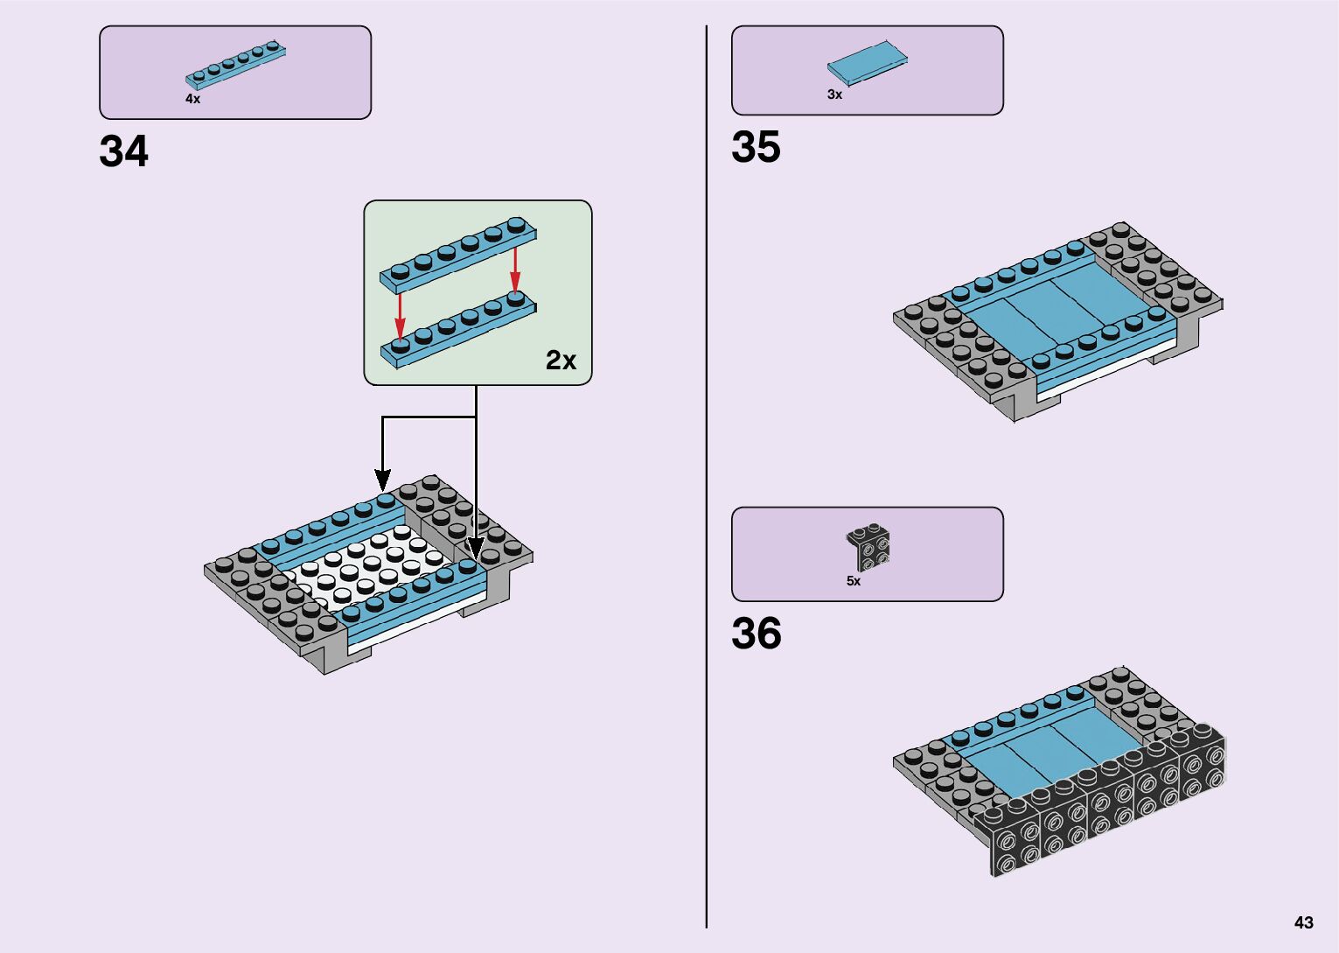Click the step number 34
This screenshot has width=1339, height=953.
pyautogui.click(x=124, y=151)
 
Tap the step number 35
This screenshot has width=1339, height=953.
pyautogui.click(x=756, y=147)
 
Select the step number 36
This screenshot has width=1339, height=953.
pyautogui.click(x=756, y=634)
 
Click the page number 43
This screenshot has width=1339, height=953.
pyautogui.click(x=1303, y=922)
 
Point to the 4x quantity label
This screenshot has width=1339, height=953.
pyautogui.click(x=192, y=99)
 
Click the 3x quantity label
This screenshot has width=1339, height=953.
pyautogui.click(x=834, y=95)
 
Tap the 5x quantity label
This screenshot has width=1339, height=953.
pyautogui.click(x=853, y=581)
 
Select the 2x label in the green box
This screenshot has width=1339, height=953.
pyautogui.click(x=561, y=360)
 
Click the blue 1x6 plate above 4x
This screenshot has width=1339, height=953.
pyautogui.click(x=235, y=66)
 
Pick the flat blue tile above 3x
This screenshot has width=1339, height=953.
pyautogui.click(x=868, y=63)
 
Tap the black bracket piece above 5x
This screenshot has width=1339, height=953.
pyautogui.click(x=868, y=546)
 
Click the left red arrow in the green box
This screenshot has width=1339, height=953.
pyautogui.click(x=400, y=314)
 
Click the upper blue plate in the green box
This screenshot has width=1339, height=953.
pyautogui.click(x=458, y=255)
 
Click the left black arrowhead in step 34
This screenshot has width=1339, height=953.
pyautogui.click(x=382, y=479)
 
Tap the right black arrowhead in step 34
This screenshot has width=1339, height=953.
pyautogui.click(x=475, y=547)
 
